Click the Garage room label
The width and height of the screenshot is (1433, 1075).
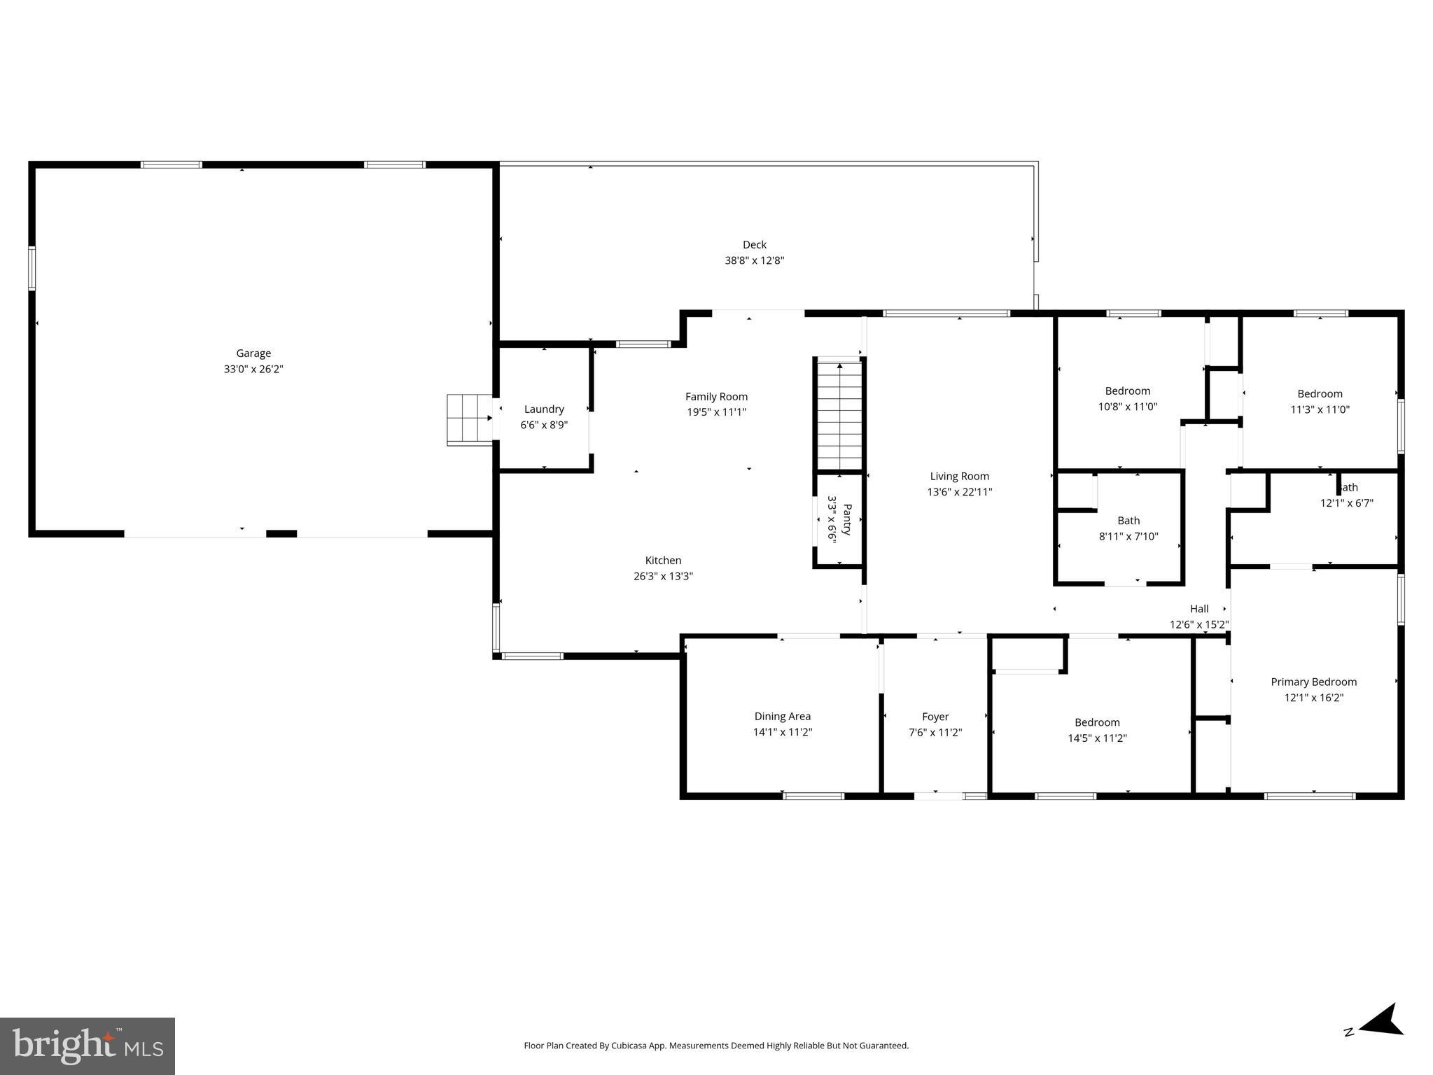[253, 353]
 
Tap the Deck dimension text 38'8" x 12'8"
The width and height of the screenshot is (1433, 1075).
[754, 261]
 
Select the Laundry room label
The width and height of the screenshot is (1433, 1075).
[544, 409]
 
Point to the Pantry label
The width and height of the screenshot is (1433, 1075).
[847, 519]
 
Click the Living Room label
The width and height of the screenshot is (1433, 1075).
[959, 477]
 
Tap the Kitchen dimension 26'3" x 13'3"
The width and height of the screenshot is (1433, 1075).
[663, 577]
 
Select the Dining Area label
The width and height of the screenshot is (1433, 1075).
[782, 717]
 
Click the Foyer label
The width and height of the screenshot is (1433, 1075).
[935, 717]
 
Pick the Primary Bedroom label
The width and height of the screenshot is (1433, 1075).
[1313, 682]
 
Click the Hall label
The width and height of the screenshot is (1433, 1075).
[1198, 609]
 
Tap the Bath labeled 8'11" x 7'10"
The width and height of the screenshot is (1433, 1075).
[1128, 521]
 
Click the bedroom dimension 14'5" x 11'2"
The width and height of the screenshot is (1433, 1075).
[1097, 738]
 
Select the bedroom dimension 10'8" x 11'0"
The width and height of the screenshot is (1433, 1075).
[1127, 407]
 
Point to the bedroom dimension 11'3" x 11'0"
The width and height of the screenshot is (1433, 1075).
[1320, 409]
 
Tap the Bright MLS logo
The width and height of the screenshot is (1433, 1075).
[87, 1046]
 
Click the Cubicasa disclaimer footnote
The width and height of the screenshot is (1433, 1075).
[715, 1046]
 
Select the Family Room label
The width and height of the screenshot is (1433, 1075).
[716, 397]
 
